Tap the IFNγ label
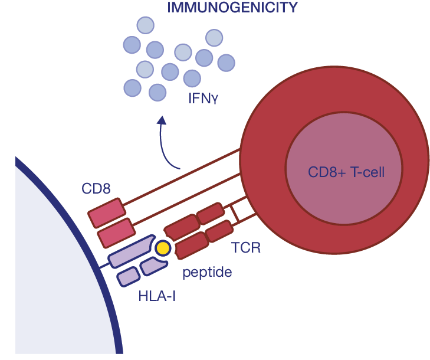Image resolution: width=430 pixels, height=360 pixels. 203,97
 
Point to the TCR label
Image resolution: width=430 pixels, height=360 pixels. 245,247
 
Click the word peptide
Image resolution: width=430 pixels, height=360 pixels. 206,273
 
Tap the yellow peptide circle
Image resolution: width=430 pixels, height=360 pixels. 162,248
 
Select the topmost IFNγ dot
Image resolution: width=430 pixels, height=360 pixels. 145,25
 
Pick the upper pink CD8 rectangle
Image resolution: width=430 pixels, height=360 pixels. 107,212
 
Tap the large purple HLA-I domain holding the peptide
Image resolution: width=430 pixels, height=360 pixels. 131,252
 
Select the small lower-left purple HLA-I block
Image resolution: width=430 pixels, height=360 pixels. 129,276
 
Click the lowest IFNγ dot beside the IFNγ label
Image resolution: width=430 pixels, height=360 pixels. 157,92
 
